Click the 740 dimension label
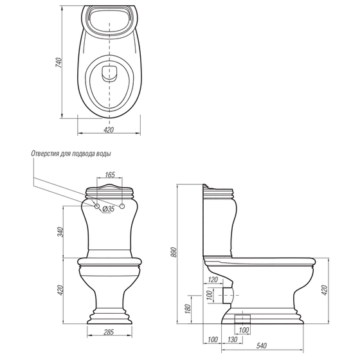[x=59, y=63]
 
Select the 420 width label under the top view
[x=109, y=130]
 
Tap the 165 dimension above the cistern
[x=110, y=175]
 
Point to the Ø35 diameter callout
[x=109, y=209]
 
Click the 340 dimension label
[x=60, y=232]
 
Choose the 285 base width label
[x=109, y=332]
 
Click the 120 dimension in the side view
[x=213, y=280]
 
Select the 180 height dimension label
[x=188, y=309]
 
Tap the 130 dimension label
[x=233, y=339]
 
